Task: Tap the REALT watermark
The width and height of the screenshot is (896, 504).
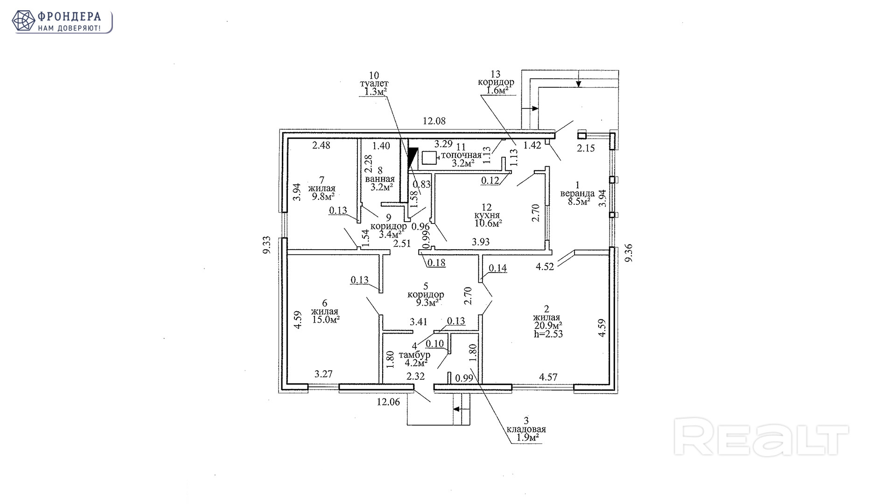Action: [x=761, y=440]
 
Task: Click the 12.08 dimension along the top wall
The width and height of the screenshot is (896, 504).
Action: [x=434, y=121]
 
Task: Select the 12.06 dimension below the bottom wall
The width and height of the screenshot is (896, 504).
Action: [x=388, y=401]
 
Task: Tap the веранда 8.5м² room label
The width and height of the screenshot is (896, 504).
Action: [x=578, y=193]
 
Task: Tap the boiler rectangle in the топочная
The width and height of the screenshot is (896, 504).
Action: [x=429, y=158]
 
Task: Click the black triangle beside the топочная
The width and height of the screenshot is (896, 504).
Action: [x=412, y=158]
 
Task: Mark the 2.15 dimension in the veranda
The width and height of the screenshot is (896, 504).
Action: [x=586, y=148]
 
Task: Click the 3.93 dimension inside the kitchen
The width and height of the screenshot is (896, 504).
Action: [x=481, y=242]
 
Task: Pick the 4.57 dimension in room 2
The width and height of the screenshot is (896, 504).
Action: [x=548, y=377]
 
